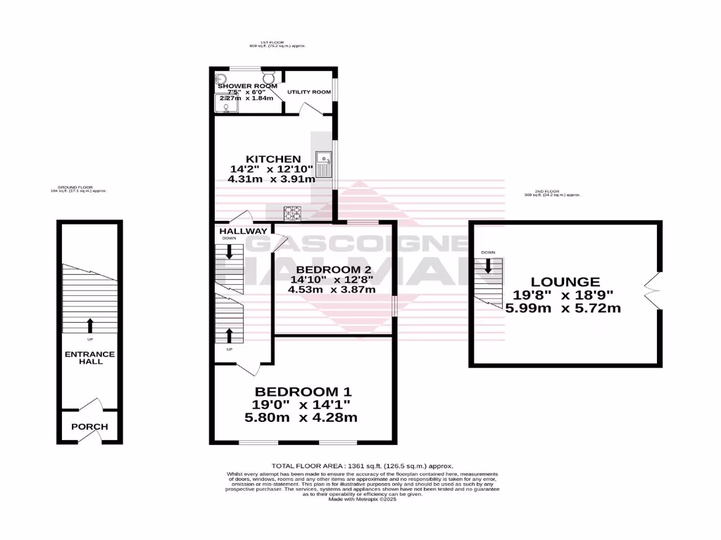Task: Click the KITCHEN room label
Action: click(x=273, y=160)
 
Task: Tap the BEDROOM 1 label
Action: click(x=303, y=392)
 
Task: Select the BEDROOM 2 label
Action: click(x=333, y=270)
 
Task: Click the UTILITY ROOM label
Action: click(x=308, y=92)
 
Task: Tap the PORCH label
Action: click(x=89, y=427)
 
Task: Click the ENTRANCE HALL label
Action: click(x=91, y=357)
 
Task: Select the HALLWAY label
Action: click(x=243, y=231)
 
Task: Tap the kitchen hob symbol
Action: click(x=292, y=212)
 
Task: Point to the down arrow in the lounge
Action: click(x=488, y=266)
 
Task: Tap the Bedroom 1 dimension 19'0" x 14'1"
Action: click(x=302, y=404)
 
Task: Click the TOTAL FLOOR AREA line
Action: click(x=362, y=466)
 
